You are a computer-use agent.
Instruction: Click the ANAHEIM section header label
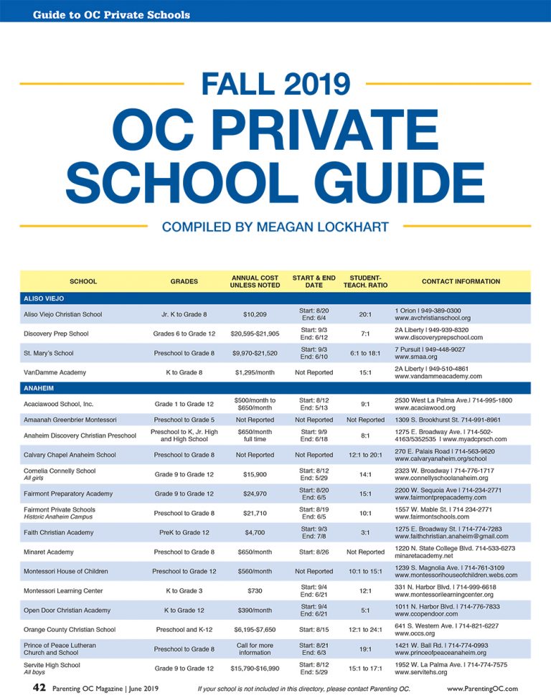(x=40, y=387)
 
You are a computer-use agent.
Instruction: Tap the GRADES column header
(x=184, y=281)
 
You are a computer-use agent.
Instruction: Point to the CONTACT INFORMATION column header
(x=461, y=281)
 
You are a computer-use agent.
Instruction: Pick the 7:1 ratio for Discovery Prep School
(x=365, y=334)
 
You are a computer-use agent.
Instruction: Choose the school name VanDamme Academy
(x=55, y=372)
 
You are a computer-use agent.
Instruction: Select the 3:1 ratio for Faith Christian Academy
(x=365, y=532)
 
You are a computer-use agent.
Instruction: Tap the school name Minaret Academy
(x=50, y=552)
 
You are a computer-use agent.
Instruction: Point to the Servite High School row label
(x=52, y=665)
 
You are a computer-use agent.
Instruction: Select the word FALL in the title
(x=237, y=84)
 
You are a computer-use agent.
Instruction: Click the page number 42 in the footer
(x=40, y=688)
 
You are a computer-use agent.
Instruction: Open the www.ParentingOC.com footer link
(x=481, y=689)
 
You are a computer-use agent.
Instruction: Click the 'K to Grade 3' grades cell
(x=184, y=591)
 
